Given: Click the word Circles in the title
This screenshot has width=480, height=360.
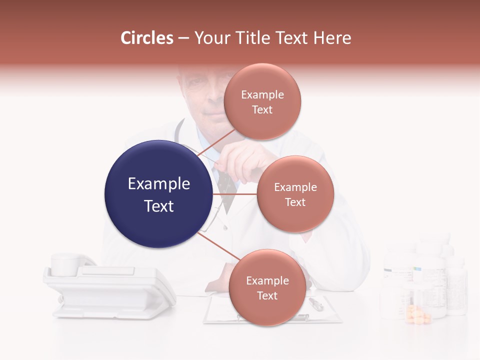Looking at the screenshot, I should pos(146,38).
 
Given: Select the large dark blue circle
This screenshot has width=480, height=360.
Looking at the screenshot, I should pos(158,194).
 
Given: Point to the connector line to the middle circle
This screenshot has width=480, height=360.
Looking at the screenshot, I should pos(235,194).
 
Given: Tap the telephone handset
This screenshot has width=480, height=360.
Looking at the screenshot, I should pos(70,264).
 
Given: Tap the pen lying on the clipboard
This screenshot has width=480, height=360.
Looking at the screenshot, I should pos(316,303).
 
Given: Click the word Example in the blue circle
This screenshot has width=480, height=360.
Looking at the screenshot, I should pos(158,184).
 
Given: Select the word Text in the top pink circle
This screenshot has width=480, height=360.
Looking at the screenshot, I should pos(262,109).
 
